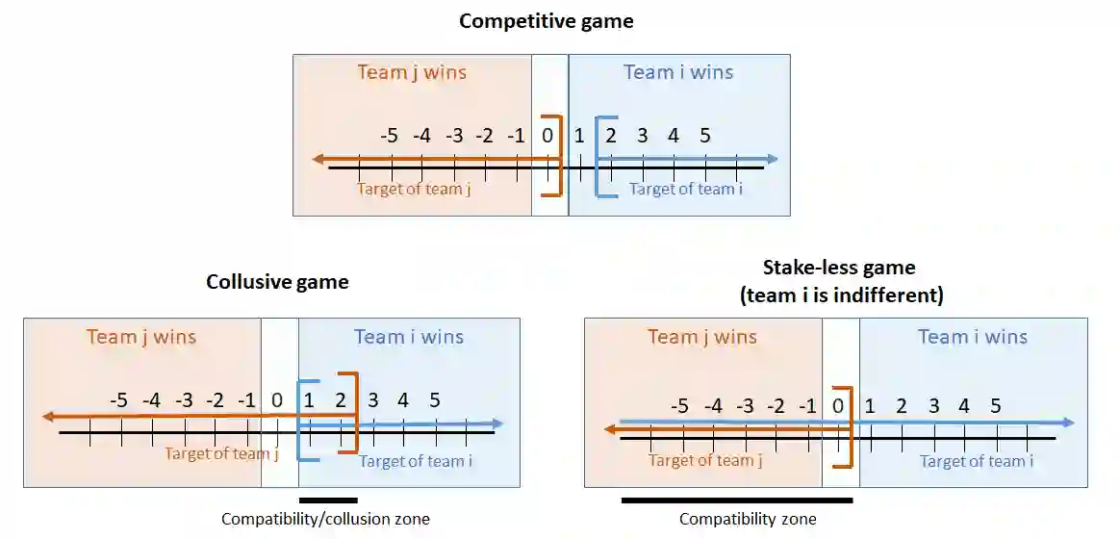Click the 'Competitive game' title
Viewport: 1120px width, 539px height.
pyautogui.click(x=546, y=21)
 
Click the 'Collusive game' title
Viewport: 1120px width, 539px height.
pyautogui.click(x=277, y=282)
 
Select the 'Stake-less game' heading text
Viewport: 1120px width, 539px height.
pyautogui.click(x=838, y=268)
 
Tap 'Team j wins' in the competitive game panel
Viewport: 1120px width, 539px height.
pyautogui.click(x=412, y=72)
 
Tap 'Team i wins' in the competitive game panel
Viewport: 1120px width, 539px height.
pyautogui.click(x=677, y=72)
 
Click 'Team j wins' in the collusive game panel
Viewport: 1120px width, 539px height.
pyautogui.click(x=141, y=337)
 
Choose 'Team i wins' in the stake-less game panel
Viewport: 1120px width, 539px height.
pyautogui.click(x=972, y=337)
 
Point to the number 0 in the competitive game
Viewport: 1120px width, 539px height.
pyautogui.click(x=547, y=136)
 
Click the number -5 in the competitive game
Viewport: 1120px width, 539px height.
pyautogui.click(x=389, y=136)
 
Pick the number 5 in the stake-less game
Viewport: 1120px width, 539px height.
pyautogui.click(x=996, y=406)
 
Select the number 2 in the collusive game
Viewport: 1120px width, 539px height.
pyautogui.click(x=341, y=400)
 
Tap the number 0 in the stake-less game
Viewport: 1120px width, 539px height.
pyautogui.click(x=838, y=406)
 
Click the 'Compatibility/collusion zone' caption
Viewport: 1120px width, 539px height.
pyautogui.click(x=325, y=519)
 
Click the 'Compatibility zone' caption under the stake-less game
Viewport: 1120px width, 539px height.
pyautogui.click(x=748, y=519)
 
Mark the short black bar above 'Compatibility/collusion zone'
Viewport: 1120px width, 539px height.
pyautogui.click(x=328, y=500)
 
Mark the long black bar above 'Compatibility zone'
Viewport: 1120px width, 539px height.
pyautogui.click(x=737, y=500)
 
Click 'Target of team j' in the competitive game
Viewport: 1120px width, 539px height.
pyautogui.click(x=414, y=189)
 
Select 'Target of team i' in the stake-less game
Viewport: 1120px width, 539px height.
pyautogui.click(x=977, y=461)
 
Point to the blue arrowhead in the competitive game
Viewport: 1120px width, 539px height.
pyautogui.click(x=772, y=159)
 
